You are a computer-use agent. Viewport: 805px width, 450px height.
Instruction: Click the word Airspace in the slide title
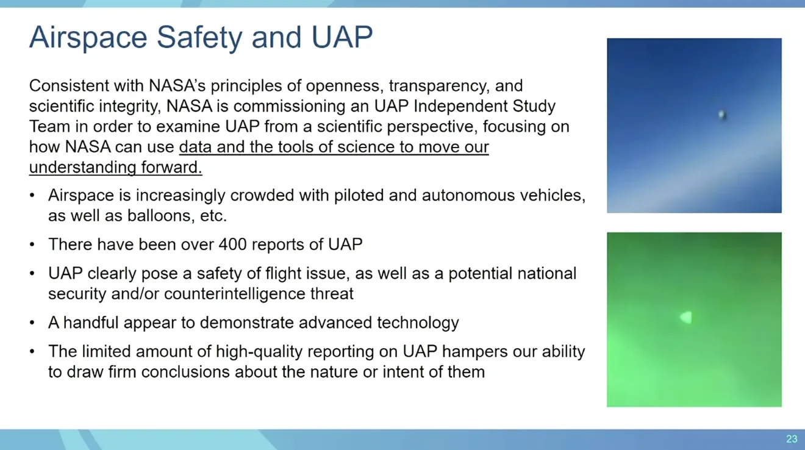pyautogui.click(x=88, y=37)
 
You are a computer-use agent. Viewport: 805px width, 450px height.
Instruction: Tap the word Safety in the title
pyautogui.click(x=199, y=37)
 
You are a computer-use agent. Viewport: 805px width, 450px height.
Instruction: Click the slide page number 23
pyautogui.click(x=792, y=439)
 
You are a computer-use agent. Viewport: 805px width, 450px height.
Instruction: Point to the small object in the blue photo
pyautogui.click(x=722, y=115)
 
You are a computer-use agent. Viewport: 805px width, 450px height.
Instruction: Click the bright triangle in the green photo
pyautogui.click(x=686, y=317)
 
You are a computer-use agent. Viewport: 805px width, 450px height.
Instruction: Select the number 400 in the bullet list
pyautogui.click(x=232, y=245)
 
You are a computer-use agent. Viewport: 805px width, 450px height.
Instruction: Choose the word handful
pyautogui.click(x=91, y=323)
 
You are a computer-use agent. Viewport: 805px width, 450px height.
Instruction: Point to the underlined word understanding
pyautogui.click(x=83, y=168)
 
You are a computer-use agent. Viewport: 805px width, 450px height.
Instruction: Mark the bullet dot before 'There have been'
pyautogui.click(x=32, y=245)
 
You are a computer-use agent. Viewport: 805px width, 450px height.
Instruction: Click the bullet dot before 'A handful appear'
pyautogui.click(x=32, y=323)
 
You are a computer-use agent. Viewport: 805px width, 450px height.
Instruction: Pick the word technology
pyautogui.click(x=418, y=323)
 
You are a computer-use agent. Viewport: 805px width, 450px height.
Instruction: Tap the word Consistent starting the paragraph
pyautogui.click(x=69, y=86)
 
